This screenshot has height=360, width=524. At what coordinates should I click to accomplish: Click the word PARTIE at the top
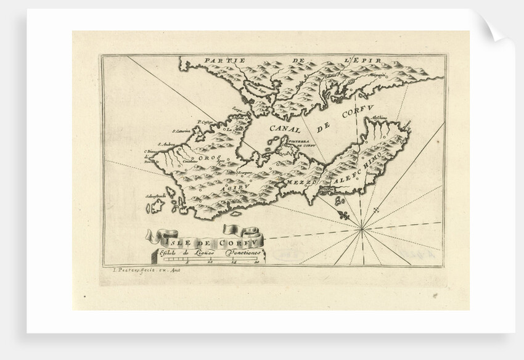226,60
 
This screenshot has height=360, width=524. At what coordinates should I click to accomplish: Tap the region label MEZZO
301,183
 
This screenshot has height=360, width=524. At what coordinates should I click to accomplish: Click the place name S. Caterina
183,131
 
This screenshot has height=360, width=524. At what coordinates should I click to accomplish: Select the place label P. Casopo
205,121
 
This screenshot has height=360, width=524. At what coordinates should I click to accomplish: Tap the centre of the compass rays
362,229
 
